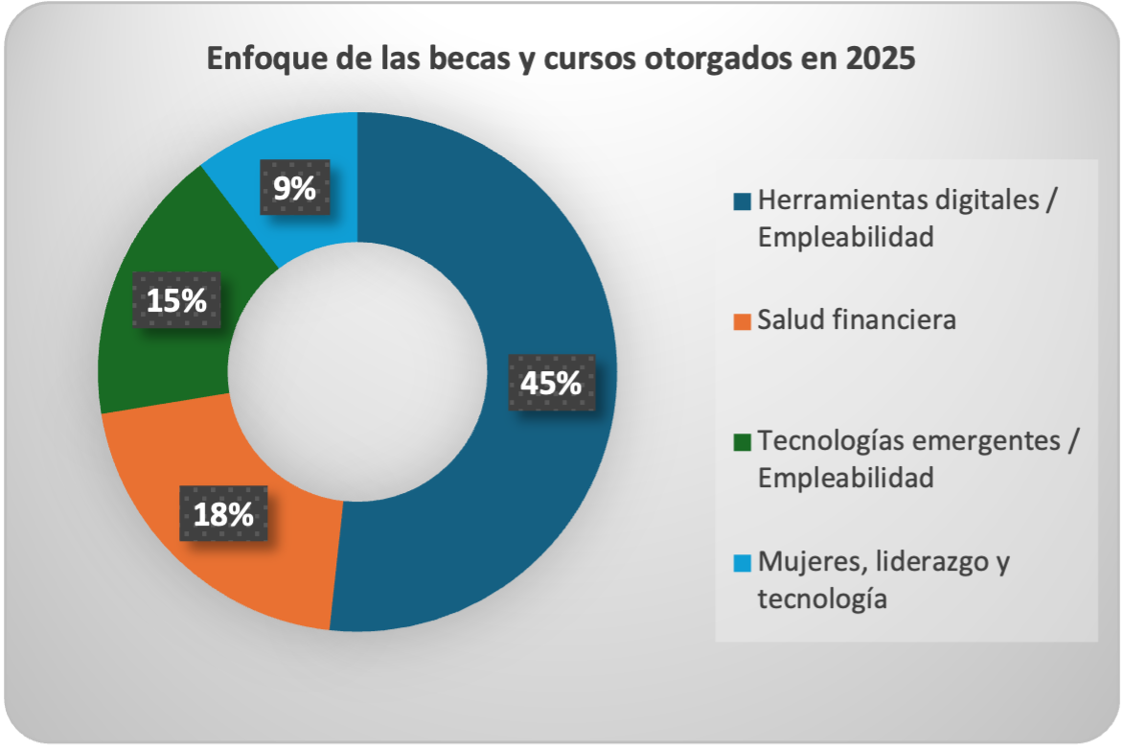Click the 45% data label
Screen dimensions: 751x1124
click(x=550, y=383)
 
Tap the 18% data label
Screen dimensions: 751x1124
click(x=223, y=513)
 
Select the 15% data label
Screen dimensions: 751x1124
click(x=176, y=300)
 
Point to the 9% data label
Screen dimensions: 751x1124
click(x=294, y=188)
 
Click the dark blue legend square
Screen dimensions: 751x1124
click(x=742, y=202)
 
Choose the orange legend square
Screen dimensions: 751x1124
click(x=742, y=321)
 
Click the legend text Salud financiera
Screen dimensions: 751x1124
click(x=856, y=320)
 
